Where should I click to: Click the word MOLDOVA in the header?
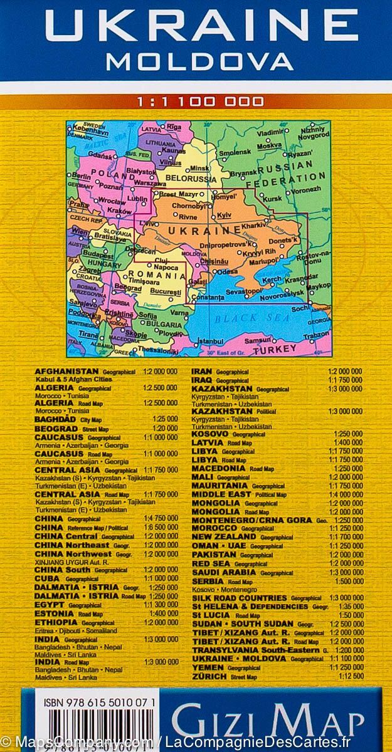click(199, 61)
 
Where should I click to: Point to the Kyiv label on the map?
click(225, 215)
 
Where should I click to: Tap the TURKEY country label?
click(276, 348)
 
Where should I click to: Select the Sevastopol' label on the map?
click(244, 291)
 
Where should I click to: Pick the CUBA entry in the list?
click(48, 578)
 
